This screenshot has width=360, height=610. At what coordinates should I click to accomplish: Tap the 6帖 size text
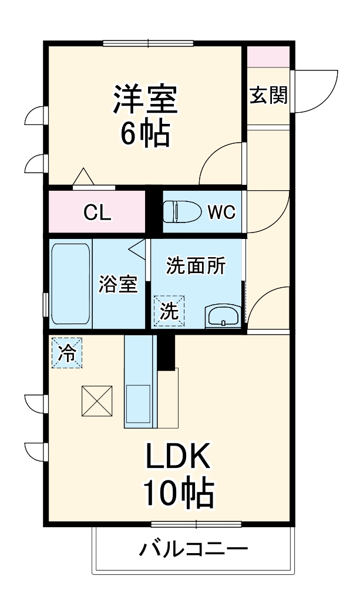click(x=145, y=134)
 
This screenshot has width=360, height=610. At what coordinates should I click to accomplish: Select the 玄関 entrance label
click(x=268, y=95)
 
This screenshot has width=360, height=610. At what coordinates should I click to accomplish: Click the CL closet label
click(x=97, y=213)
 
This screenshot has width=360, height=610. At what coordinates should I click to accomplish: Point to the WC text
click(x=221, y=213)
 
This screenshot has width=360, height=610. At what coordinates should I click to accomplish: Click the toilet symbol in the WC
click(x=179, y=212)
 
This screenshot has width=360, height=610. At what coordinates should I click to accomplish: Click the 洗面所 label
click(x=196, y=266)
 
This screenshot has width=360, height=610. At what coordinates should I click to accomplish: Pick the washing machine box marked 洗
click(x=169, y=311)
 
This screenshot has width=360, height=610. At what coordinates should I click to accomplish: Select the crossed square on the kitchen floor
click(x=97, y=400)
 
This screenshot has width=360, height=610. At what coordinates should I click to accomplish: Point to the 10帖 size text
click(x=178, y=495)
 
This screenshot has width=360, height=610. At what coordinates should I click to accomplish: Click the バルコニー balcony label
click(x=193, y=550)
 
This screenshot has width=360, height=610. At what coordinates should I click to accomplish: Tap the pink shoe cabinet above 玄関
click(x=268, y=57)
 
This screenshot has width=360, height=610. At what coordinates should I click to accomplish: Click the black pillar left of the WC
click(x=154, y=213)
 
